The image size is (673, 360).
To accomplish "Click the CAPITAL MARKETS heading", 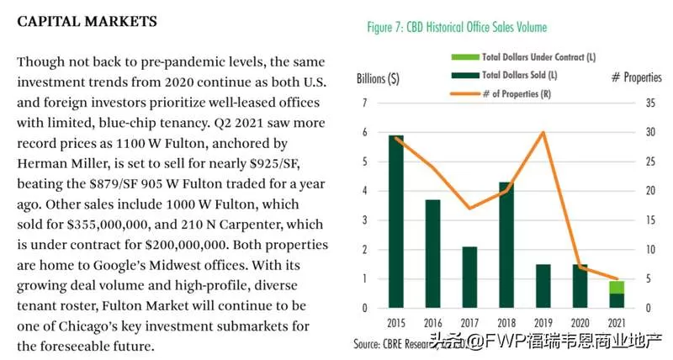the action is point(87,22).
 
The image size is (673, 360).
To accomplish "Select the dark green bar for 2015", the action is point(396,221).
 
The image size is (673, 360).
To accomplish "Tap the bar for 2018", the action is point(506,245).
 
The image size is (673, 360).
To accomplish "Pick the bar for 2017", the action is point(469,278).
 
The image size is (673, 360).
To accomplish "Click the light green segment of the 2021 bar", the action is point(617,288).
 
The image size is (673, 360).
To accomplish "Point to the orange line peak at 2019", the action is point(543,132).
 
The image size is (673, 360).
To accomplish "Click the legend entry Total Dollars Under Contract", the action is point(523,57).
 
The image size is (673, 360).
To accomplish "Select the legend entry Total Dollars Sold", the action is point(504,75).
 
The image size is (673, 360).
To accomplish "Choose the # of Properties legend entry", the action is point(501,93).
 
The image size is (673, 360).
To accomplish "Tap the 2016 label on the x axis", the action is point(432,323).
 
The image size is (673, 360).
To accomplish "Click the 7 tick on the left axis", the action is point(365,103).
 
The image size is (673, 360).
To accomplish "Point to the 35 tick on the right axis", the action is point(650,103).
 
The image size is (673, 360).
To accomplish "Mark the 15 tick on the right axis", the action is point(650,220).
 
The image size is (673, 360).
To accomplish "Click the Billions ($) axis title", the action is point(378,79).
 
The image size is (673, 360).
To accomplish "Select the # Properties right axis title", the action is point(637,77).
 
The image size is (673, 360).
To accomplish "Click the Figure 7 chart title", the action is point(457,28).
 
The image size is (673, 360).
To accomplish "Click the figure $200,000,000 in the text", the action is point(186,245).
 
